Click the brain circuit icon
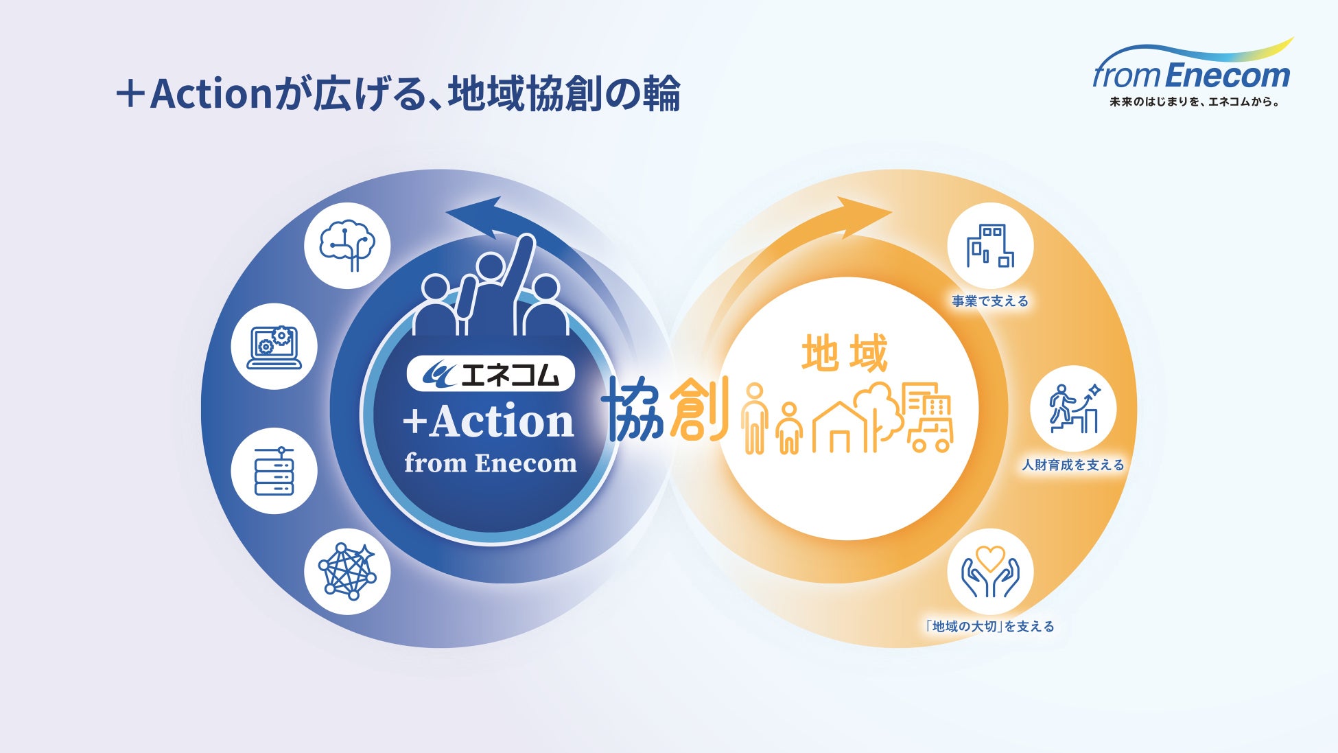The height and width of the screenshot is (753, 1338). pyautogui.click(x=347, y=245)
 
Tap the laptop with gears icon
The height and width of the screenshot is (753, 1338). pyautogui.click(x=274, y=347)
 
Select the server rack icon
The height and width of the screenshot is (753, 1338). pyautogui.click(x=274, y=471)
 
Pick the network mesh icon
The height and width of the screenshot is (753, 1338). pyautogui.click(x=347, y=571)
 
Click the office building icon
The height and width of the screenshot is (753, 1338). pyautogui.click(x=990, y=246)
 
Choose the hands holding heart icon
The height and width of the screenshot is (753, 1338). pyautogui.click(x=990, y=571)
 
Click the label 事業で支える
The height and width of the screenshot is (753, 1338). pyautogui.click(x=990, y=301)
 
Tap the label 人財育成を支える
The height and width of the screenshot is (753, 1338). pyautogui.click(x=1073, y=465)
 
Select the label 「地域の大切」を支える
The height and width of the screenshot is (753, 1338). pyautogui.click(x=990, y=626)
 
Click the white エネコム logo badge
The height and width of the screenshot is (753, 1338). pyautogui.click(x=491, y=374)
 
